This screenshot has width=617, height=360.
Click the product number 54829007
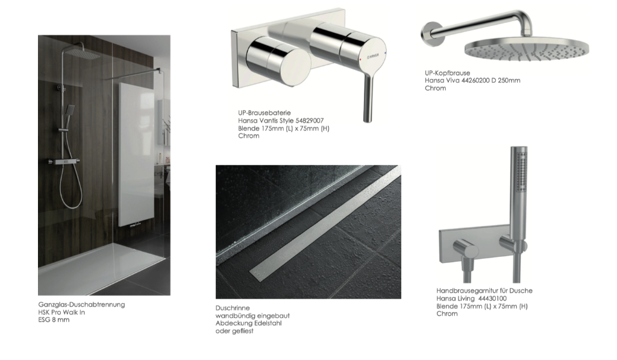pos(309,121)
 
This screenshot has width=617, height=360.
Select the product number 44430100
pos(492,298)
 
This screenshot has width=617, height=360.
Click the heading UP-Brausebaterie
pos(264,113)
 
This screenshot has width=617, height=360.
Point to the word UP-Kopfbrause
pos(448,73)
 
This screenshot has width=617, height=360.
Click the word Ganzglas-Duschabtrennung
pos(81,305)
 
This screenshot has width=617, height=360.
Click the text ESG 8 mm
pos(54,320)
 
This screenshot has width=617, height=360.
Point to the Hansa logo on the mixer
pos(372,57)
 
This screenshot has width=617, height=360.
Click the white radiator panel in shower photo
pos(137,154)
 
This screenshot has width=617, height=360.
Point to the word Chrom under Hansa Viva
pos(436,88)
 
